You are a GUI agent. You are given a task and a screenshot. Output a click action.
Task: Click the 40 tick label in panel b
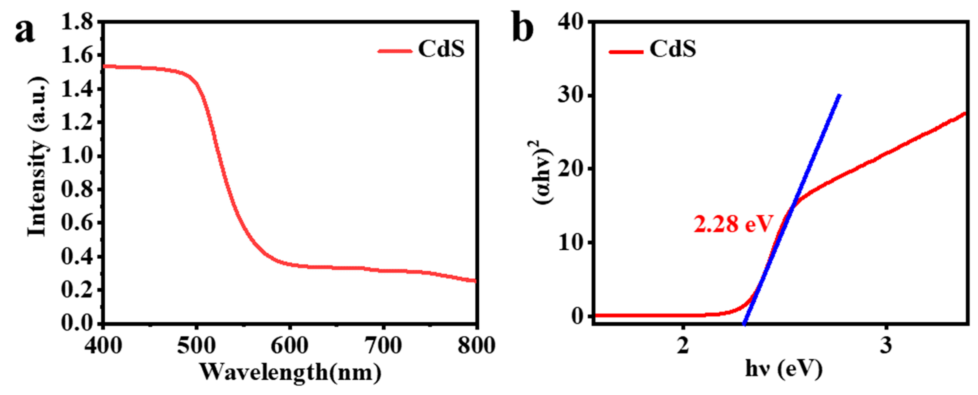[570, 22]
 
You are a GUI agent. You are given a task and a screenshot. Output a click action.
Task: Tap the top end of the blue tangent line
[840, 95]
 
